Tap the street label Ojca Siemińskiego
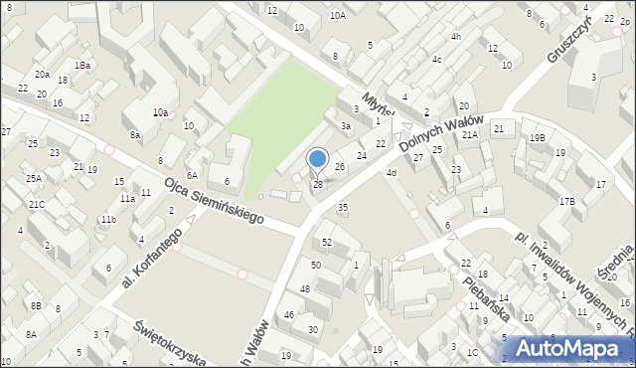(x=214, y=198)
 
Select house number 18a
(x=84, y=65)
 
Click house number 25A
(x=34, y=178)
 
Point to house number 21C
(x=37, y=204)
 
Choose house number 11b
(x=107, y=219)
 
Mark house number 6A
(x=191, y=175)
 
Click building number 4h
(x=456, y=37)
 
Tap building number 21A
(x=470, y=133)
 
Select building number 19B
(x=537, y=137)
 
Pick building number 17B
(x=566, y=201)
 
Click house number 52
(x=327, y=243)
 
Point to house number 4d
(x=392, y=174)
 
